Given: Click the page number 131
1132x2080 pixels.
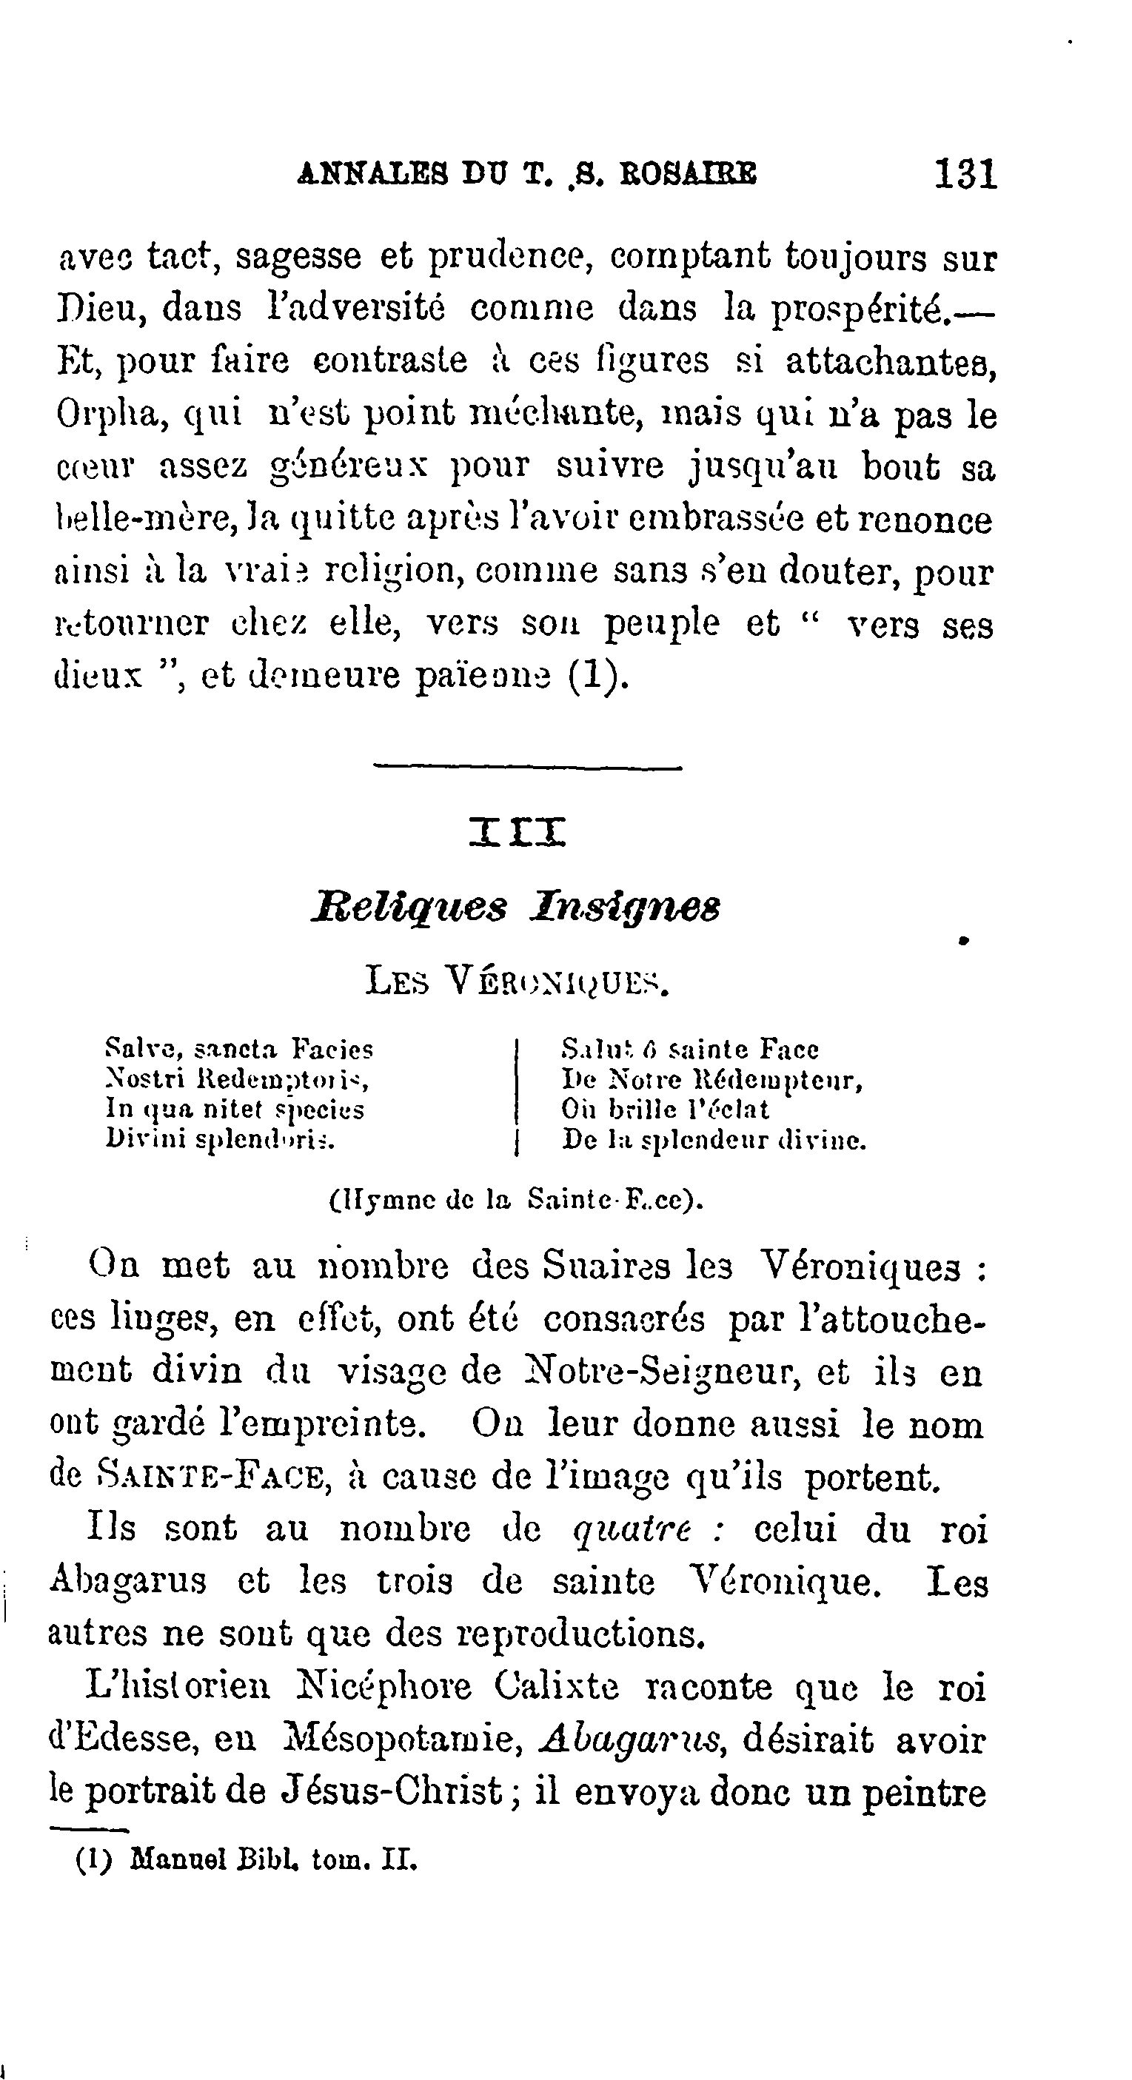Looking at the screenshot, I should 965,174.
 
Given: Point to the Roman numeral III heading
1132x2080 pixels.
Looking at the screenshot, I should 518,832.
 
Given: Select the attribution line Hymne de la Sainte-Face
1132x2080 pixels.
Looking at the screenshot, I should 517,1199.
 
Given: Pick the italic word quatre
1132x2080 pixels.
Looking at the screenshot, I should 632,1529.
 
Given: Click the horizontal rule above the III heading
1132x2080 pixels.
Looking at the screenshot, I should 527,767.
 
